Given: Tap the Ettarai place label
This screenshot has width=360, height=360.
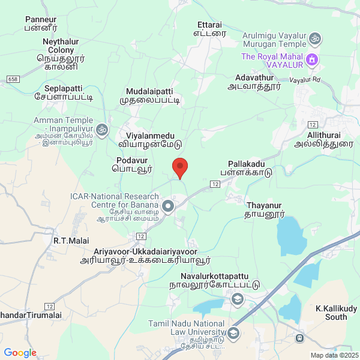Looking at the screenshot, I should pyautogui.click(x=209, y=30).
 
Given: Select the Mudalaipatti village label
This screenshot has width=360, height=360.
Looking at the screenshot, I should pyautogui.click(x=149, y=95).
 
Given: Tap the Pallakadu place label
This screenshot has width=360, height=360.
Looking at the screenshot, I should pyautogui.click(x=250, y=167).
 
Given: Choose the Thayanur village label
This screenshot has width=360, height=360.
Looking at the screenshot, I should pyautogui.click(x=265, y=209).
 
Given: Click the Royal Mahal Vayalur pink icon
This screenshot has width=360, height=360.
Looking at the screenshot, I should pyautogui.click(x=311, y=59).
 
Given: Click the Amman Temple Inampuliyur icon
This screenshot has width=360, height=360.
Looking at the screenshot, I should pyautogui.click(x=102, y=129).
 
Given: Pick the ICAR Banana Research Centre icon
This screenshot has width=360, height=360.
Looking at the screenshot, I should pyautogui.click(x=168, y=206).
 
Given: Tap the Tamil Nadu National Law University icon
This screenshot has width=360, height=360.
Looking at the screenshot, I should pyautogui.click(x=233, y=332).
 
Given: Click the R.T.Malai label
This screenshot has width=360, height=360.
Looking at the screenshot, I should pyautogui.click(x=71, y=241).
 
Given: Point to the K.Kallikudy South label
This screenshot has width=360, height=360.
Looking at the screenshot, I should pyautogui.click(x=336, y=312).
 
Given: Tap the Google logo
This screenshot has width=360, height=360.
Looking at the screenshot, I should pyautogui.click(x=20, y=353).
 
